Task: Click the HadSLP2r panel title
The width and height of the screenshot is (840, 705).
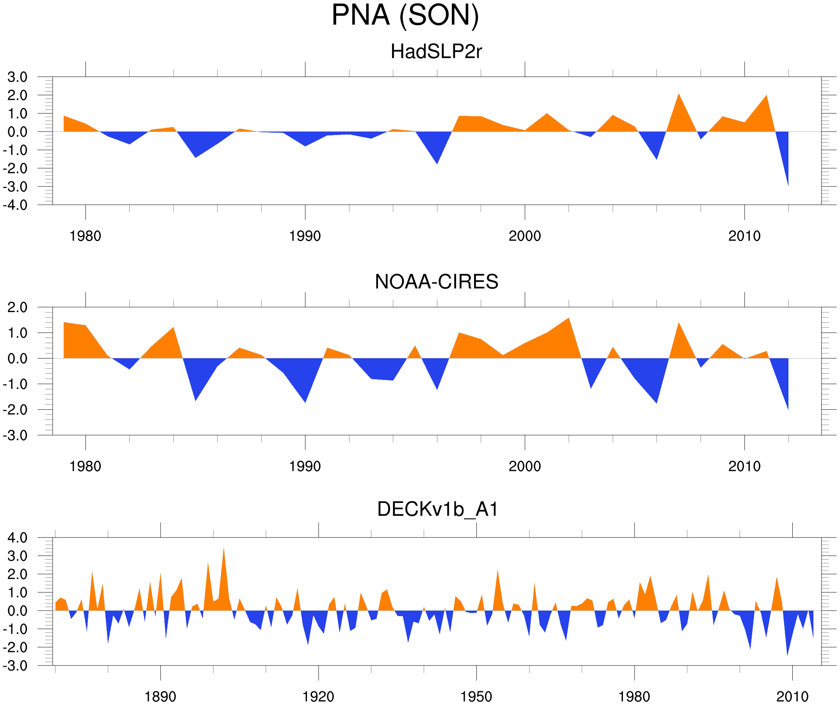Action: tap(436, 51)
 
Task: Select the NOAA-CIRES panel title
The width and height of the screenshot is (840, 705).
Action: tap(436, 282)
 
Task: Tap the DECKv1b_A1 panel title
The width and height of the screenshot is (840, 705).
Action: tap(438, 510)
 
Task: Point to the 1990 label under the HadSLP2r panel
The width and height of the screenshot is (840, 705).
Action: tap(305, 236)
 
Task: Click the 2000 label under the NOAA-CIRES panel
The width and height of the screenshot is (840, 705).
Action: tap(524, 466)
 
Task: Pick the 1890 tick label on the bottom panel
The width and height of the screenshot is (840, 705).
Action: tap(160, 696)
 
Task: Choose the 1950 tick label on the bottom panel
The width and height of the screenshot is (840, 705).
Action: tap(476, 696)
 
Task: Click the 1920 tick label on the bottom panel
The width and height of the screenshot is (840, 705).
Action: tap(318, 696)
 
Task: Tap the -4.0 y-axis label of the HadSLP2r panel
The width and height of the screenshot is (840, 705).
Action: tap(15, 206)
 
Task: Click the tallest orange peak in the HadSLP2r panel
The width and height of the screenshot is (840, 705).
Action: tap(679, 98)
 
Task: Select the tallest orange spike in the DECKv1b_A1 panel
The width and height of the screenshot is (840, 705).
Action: tap(224, 554)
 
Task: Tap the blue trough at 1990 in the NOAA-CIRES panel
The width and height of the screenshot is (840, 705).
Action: tap(305, 398)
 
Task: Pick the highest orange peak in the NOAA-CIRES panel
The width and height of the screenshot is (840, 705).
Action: tap(569, 322)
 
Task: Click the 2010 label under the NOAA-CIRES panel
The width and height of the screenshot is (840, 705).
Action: tap(744, 466)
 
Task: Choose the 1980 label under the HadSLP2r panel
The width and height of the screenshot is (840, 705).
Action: tap(85, 236)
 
